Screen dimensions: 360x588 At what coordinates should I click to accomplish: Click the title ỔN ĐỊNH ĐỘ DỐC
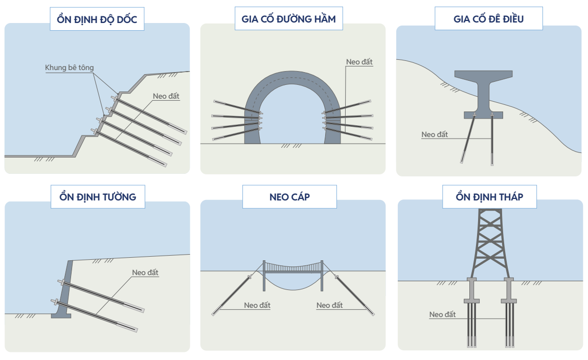97,20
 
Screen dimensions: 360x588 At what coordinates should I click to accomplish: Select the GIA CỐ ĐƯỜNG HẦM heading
289,19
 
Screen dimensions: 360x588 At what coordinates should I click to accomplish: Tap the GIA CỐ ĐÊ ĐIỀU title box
488,19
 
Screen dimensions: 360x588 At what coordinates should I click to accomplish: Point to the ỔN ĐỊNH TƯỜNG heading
98,197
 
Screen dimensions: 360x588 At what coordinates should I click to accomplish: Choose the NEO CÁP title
289,197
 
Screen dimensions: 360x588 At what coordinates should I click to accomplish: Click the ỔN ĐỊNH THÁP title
489,197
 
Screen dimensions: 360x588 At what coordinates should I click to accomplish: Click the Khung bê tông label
70,67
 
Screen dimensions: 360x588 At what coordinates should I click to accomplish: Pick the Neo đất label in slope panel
166,96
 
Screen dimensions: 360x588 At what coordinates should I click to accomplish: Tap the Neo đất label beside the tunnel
359,62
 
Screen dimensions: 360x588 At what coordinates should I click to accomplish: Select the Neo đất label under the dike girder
435,135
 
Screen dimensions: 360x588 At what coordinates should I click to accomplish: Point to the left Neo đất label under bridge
257,305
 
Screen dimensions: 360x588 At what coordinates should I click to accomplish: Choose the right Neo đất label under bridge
330,305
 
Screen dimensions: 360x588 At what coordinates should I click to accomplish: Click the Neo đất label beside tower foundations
442,314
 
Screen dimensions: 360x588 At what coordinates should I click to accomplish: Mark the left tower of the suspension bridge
264,275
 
